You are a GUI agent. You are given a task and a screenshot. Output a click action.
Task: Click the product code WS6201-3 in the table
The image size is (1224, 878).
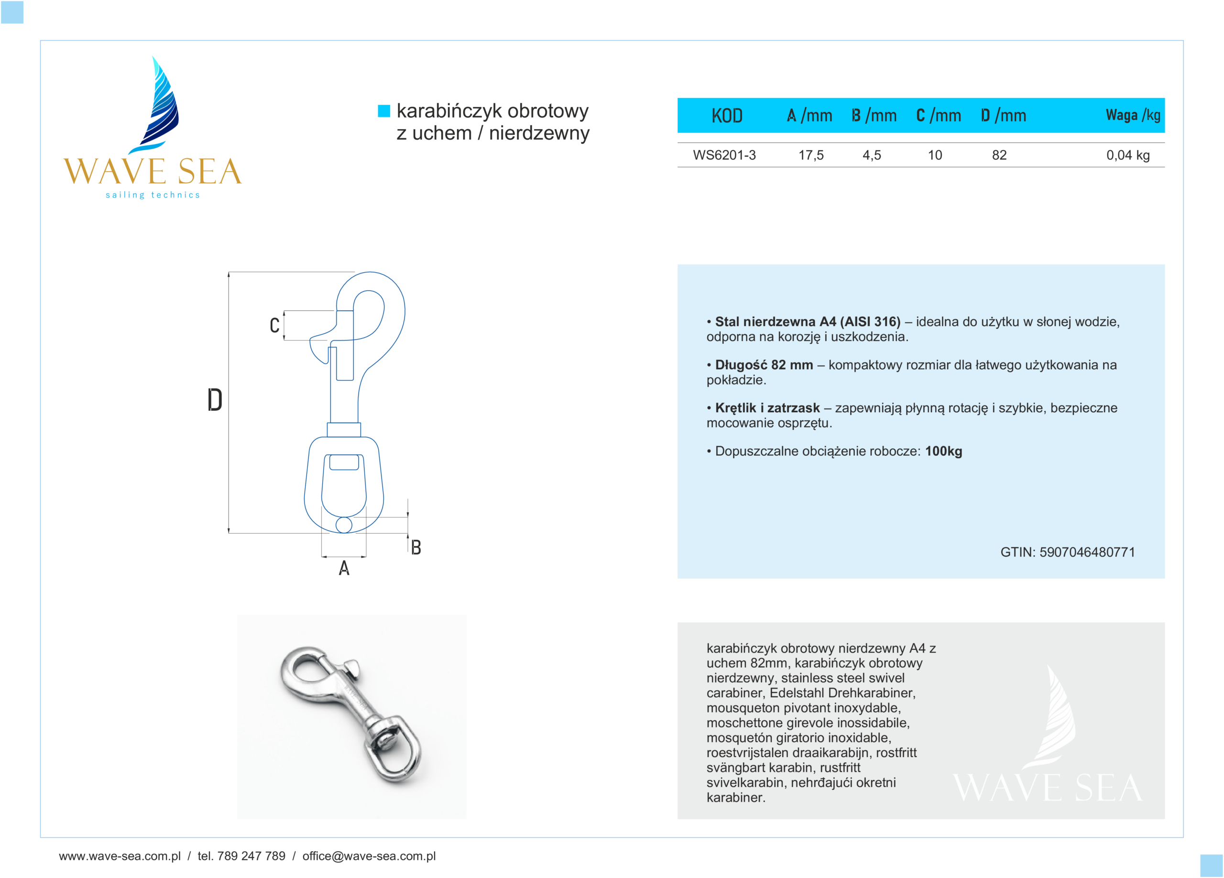pos(724,155)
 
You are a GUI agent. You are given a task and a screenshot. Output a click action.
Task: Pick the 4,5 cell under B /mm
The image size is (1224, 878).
pos(872,155)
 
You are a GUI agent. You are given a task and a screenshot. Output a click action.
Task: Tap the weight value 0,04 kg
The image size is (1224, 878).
pos(1127,155)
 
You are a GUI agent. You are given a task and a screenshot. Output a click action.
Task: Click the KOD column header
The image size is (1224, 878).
pos(726,115)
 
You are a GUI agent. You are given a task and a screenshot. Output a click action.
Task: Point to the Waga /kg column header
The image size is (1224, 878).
pos(1133,115)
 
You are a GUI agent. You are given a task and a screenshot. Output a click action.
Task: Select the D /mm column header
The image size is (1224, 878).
pos(1003,115)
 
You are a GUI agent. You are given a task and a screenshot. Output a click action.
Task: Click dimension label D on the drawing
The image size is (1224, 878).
pos(215,400)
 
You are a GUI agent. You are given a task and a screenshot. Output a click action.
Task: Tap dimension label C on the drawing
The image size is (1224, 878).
pos(275,325)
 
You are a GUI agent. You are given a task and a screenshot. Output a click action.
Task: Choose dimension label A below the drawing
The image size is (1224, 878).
pos(344,568)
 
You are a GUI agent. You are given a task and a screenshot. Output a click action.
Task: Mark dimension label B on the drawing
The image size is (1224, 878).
pos(415,547)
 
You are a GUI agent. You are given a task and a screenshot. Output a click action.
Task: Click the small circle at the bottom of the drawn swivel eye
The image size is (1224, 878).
pos(344,525)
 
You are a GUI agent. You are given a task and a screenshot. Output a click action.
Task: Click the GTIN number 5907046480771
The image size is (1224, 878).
pos(1087,552)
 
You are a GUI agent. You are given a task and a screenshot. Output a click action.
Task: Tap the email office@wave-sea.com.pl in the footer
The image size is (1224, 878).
pos(369,856)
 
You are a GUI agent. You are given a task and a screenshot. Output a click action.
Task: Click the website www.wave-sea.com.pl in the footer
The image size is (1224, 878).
pos(120,856)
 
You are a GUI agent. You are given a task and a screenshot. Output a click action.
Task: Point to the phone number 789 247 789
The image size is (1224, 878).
pos(251,856)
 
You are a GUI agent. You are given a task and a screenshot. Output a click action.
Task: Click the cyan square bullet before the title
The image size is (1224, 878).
pos(384,110)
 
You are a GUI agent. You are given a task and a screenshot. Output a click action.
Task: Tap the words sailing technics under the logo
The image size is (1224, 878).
pos(153,195)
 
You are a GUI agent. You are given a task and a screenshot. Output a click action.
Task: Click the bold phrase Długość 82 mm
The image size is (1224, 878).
pos(764,365)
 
